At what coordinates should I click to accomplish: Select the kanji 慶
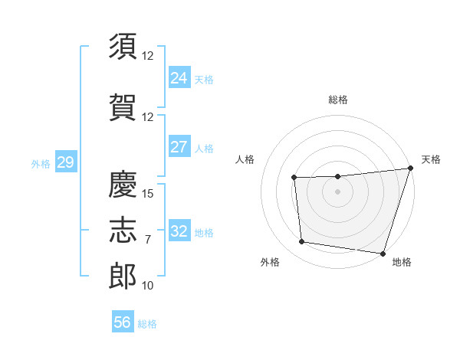tap(123, 184)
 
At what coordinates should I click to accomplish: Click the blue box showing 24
tap(179, 78)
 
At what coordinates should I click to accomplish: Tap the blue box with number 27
tap(179, 147)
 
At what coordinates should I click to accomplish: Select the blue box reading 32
tap(179, 231)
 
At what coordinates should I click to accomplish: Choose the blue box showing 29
tap(65, 162)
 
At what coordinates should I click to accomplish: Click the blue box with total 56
tap(123, 322)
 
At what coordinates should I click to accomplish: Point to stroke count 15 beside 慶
tap(149, 193)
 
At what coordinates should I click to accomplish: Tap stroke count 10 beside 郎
tap(149, 286)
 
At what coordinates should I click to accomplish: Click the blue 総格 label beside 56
tap(147, 324)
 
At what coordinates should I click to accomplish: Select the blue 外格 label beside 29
tap(41, 163)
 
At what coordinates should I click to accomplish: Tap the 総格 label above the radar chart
tap(338, 100)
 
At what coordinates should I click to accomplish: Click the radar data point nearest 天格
tap(410, 169)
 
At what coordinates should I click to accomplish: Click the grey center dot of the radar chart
tap(338, 191)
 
